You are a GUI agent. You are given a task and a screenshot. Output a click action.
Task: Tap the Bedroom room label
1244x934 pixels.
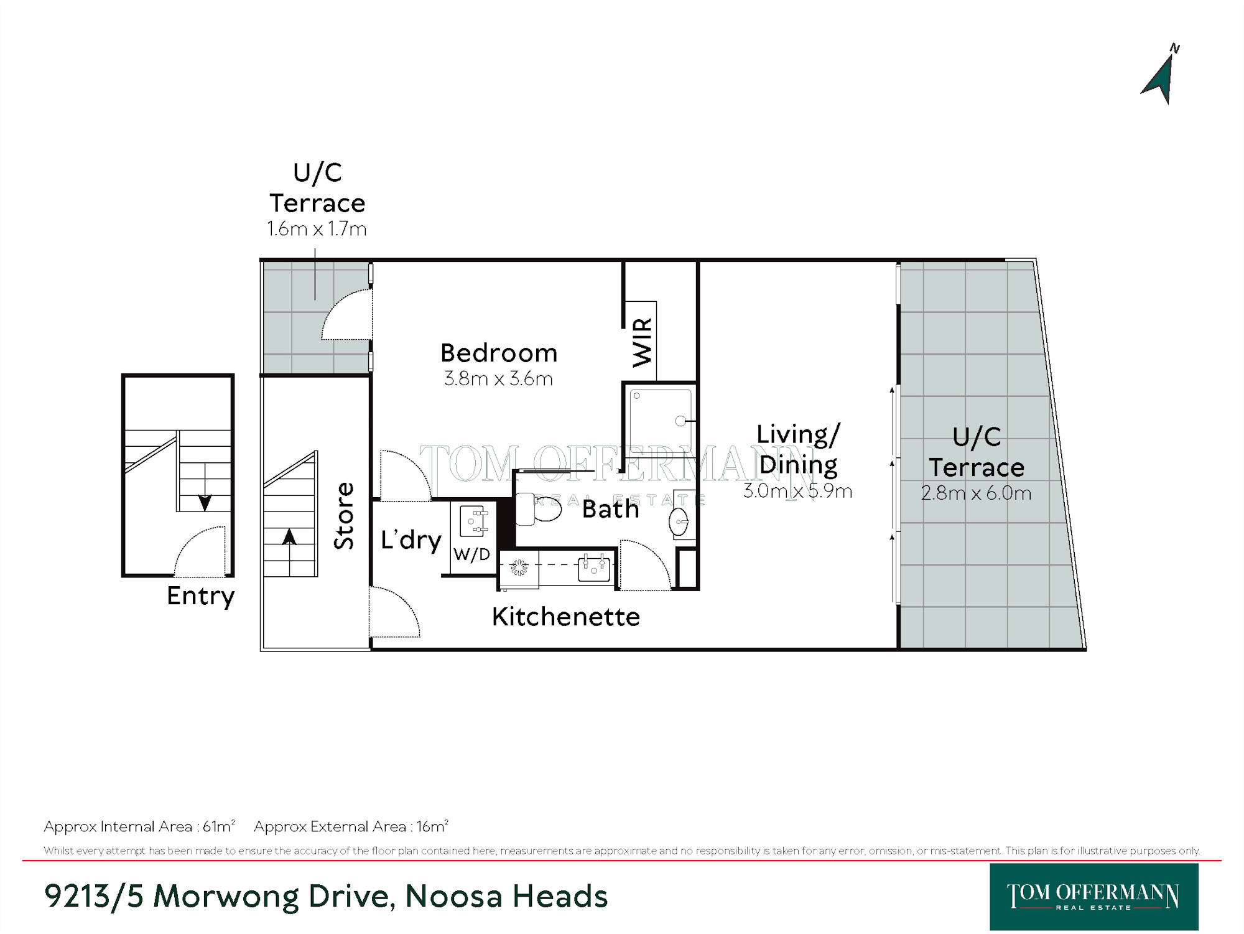pos(499,353)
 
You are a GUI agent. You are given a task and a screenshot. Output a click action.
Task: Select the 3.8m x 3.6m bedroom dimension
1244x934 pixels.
pos(499,378)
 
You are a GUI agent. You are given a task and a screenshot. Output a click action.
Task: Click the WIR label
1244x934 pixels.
pos(643,342)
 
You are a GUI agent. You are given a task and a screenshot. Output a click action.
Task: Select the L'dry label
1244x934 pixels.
pos(411,539)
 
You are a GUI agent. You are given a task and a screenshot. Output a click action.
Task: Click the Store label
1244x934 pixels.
pos(344,516)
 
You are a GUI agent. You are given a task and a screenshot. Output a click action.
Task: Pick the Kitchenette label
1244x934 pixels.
pos(566,617)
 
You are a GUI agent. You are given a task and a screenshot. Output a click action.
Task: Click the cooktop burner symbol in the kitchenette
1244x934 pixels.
pos(519,567)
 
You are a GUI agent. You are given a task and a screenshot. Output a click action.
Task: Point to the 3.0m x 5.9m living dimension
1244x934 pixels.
pos(798,490)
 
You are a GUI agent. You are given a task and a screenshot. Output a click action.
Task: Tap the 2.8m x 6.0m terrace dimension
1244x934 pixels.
pos(976,493)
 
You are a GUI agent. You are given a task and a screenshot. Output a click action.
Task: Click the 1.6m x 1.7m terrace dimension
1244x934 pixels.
pos(317,229)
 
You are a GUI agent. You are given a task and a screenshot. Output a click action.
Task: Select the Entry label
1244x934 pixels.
pos(201,596)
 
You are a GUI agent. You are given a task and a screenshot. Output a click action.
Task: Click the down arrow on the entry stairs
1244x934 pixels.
pos(205,502)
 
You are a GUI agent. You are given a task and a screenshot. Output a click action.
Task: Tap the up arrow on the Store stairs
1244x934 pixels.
pos(289,536)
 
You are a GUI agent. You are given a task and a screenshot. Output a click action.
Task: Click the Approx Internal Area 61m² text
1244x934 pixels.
pos(139,826)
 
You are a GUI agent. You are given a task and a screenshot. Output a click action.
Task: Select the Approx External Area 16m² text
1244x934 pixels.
pos(351,826)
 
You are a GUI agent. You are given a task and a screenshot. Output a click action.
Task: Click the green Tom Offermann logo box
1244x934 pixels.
pos(1094,897)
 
